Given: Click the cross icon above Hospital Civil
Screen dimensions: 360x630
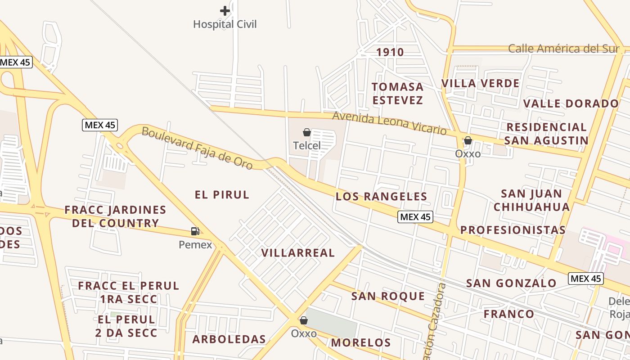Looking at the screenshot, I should click(x=225, y=11).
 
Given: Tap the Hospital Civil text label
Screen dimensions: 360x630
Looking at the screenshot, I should click(x=225, y=24).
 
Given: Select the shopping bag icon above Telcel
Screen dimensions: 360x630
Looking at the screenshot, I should click(x=307, y=132).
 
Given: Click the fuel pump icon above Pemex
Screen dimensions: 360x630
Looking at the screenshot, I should click(x=195, y=231).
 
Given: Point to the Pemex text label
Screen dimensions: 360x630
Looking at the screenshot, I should click(x=195, y=245).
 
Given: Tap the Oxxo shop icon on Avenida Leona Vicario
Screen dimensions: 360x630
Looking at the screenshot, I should click(x=468, y=140).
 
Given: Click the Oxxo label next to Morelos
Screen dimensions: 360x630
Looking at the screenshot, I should click(x=304, y=334).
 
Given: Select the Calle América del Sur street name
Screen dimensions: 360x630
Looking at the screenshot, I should click(x=563, y=49).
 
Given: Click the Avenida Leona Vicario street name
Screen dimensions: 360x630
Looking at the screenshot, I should click(x=389, y=123).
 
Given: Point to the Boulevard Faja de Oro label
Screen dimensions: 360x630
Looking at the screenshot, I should click(x=197, y=148).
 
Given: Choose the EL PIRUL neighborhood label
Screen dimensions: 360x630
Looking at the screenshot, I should click(x=222, y=195).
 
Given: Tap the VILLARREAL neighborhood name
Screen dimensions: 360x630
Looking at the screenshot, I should click(x=298, y=253).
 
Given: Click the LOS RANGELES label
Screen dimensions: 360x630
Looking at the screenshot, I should click(x=381, y=197).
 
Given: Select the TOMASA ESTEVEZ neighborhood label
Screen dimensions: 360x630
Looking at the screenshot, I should click(x=398, y=93).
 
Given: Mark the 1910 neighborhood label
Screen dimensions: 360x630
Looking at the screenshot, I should click(x=390, y=52).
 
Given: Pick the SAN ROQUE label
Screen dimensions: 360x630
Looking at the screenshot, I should click(x=388, y=296).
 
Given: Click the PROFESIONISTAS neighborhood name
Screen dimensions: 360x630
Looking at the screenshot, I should click(x=513, y=230).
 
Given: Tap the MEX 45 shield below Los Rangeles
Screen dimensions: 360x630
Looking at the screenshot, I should click(x=415, y=217).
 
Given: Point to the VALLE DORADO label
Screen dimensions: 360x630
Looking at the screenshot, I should click(x=571, y=103).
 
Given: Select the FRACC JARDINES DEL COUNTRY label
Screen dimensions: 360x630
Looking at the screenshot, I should click(x=115, y=216).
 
